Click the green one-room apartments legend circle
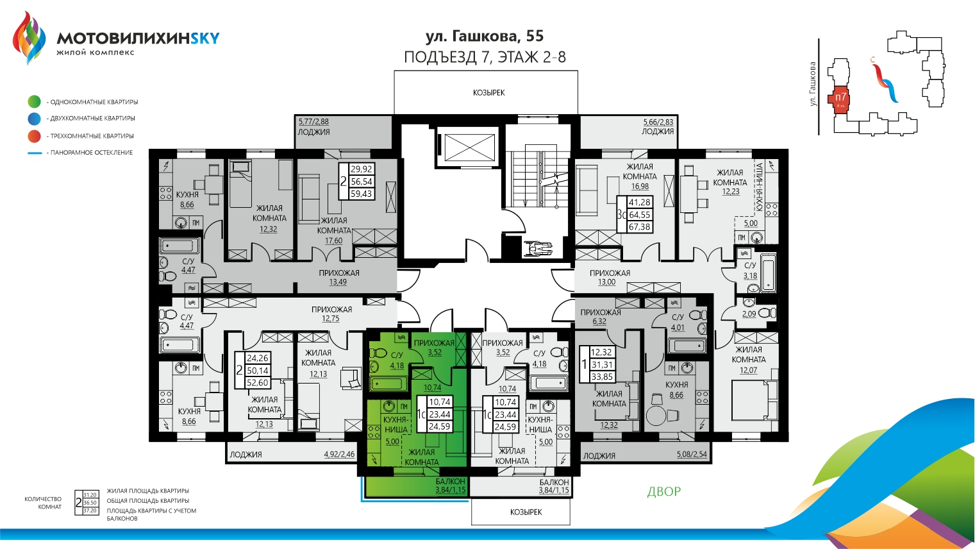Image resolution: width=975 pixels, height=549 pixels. [x=35, y=101]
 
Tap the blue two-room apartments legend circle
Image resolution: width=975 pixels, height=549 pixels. [x=35, y=119]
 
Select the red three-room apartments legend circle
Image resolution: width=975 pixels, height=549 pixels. [x=35, y=136]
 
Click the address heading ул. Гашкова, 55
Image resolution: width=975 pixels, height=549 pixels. [x=485, y=36]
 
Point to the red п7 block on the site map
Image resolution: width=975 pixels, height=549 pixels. [x=840, y=99]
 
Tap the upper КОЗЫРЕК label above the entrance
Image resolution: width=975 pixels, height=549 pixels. [x=488, y=93]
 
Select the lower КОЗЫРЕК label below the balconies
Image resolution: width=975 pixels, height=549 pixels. [x=526, y=512]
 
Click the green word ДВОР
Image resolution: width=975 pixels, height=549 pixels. [x=663, y=492]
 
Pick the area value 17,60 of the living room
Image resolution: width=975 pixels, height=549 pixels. [x=333, y=241]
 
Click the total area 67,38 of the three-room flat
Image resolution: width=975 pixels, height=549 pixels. [x=639, y=227]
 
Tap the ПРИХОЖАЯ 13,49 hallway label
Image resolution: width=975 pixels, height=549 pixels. [x=339, y=277]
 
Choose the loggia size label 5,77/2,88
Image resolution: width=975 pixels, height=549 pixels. [x=313, y=121]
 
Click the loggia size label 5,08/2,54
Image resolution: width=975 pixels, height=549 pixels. [x=692, y=455]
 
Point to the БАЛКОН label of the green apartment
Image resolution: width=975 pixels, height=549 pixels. [x=450, y=482]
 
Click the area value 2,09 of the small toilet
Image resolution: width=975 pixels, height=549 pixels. [x=749, y=314]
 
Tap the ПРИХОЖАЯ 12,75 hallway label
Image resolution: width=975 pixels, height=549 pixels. [x=331, y=314]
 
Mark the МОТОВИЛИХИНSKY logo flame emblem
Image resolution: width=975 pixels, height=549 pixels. [x=29, y=37]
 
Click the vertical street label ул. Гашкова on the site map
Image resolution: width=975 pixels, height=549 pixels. [x=813, y=84]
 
